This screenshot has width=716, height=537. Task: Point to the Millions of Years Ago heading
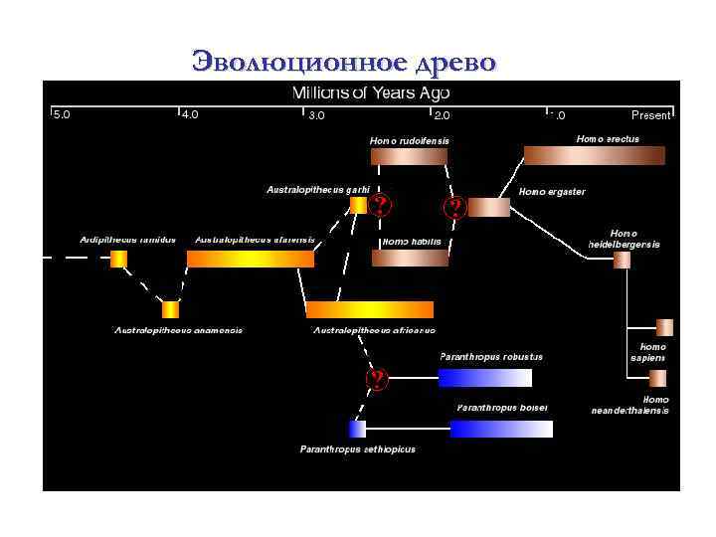[370, 93]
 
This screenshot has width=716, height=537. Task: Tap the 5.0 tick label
[62, 114]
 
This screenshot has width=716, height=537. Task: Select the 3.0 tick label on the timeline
[315, 114]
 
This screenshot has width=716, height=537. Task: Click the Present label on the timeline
[651, 115]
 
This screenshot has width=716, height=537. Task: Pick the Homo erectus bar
[594, 155]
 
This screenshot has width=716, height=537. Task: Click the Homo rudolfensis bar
[409, 155]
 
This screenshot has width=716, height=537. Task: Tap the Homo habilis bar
[410, 258]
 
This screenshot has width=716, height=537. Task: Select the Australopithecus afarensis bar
[250, 259]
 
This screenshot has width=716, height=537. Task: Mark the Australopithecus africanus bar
[369, 309]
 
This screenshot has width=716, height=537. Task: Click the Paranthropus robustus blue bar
[484, 378]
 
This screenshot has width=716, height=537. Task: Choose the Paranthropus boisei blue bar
[500, 429]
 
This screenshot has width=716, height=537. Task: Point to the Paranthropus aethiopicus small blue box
[357, 429]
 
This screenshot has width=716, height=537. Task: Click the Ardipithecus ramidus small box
[118, 259]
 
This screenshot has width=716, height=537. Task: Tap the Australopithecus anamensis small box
[170, 309]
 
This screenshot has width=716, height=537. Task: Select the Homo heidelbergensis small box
[622, 260]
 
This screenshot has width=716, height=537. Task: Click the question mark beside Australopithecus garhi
[379, 207]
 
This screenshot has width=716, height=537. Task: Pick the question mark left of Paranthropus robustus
[377, 379]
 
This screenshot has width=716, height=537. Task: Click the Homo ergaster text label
[552, 191]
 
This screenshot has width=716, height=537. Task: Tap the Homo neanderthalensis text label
[629, 405]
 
